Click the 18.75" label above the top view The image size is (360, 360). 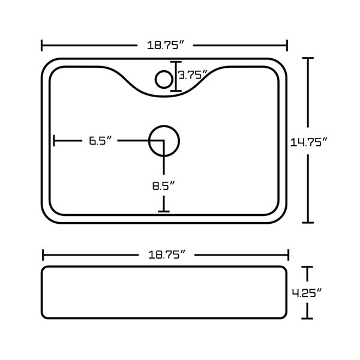pos(166,45)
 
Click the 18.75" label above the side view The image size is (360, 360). pos(167,254)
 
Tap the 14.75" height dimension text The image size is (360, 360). pos(308,142)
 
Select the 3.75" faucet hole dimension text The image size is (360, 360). pos(193,75)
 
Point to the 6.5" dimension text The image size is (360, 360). pos(100,140)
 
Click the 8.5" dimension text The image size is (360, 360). pos(164,185)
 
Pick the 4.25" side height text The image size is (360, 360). pos(307,293)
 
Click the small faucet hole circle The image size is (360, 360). pos(164,79)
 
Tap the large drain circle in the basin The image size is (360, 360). pos(164,141)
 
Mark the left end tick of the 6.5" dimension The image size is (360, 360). pos(54,140)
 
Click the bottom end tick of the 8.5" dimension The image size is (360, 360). pos(164,211)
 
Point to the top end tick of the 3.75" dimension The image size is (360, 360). pos(176,62)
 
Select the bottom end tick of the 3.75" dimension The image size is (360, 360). pos(176,91)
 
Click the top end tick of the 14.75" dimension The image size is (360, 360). pos(308,58)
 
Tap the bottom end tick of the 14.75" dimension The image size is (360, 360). pos(308,223)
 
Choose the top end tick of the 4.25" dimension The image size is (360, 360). pos(307,267)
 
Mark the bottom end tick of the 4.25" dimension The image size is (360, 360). pos(307,319)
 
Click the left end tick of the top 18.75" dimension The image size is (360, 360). pos(42,45)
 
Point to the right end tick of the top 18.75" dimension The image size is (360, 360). pos(287,45)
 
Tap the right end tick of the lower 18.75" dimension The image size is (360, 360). pos(289,255)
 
